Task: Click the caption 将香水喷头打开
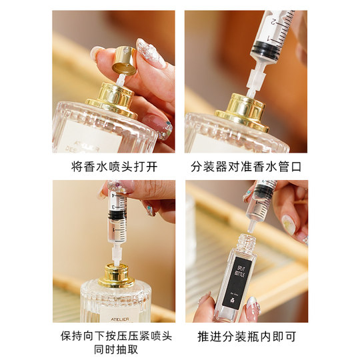[x=113, y=165]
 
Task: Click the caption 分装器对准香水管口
[x=246, y=165]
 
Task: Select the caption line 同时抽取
[x=113, y=349]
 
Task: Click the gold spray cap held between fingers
[x=124, y=60]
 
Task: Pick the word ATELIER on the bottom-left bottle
[x=113, y=309]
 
